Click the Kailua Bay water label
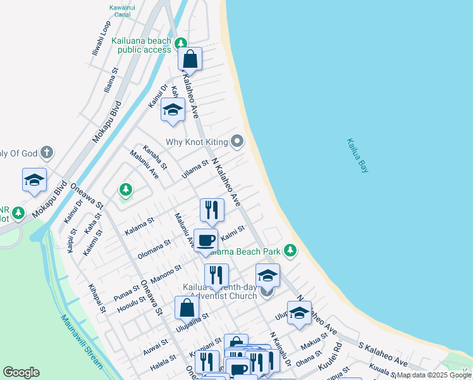click(x=357, y=156)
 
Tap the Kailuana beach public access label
click(x=141, y=45)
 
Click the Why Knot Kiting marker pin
click(x=237, y=141)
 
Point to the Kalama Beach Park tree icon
click(x=290, y=251)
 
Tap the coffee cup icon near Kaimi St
click(x=206, y=241)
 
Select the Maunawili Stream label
click(x=82, y=342)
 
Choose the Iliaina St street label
click(x=112, y=82)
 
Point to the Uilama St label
click(x=195, y=168)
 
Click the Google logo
click(x=21, y=372)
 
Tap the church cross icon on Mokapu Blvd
click(x=46, y=153)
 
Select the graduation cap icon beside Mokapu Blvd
click(x=34, y=180)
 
